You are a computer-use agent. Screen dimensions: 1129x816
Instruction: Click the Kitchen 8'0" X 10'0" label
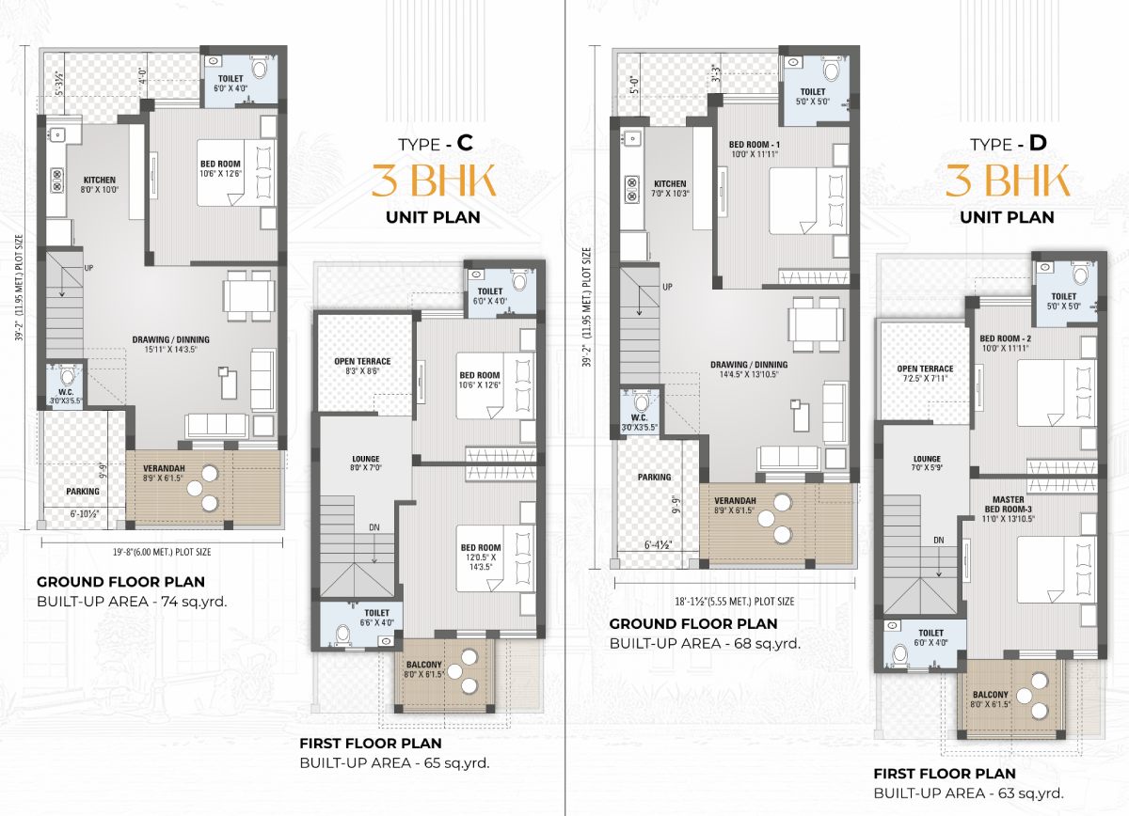click(100, 185)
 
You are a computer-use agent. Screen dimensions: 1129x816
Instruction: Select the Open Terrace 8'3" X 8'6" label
click(362, 367)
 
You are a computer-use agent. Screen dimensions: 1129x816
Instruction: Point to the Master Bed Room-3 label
click(1008, 509)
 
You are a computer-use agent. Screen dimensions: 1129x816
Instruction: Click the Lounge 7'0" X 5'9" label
click(927, 463)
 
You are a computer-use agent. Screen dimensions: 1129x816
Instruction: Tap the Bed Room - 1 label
click(754, 149)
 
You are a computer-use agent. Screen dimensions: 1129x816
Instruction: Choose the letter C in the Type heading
click(465, 143)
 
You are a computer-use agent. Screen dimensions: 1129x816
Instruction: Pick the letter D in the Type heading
click(1038, 143)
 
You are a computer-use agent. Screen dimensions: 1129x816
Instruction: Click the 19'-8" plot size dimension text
click(162, 552)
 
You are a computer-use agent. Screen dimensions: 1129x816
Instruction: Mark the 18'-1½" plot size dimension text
click(735, 602)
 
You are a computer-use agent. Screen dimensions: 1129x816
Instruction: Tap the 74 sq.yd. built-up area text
click(132, 602)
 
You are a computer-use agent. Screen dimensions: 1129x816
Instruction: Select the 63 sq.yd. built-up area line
click(969, 793)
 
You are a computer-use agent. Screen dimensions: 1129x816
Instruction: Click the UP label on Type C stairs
click(88, 268)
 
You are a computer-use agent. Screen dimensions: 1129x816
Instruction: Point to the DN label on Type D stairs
click(939, 540)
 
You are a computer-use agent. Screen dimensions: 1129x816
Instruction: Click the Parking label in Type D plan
click(654, 477)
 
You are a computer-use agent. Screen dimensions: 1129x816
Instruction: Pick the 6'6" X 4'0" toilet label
click(376, 618)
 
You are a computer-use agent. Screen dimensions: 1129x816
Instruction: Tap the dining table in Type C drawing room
click(249, 296)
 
